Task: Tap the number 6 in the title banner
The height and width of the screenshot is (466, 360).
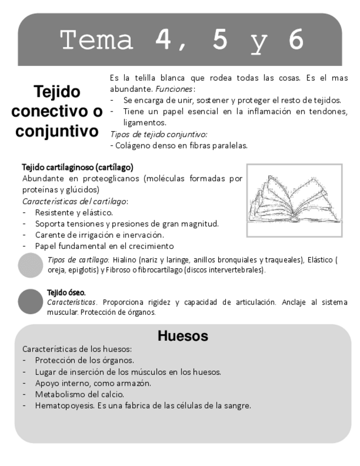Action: tap(295, 40)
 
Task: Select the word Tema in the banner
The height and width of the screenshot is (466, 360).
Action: tap(97, 40)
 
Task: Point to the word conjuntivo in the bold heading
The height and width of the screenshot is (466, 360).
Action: tap(57, 131)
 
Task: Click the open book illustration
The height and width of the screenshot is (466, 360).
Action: tap(294, 200)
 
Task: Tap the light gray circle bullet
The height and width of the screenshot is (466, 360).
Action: tap(31, 265)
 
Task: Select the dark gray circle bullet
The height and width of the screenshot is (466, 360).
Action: tap(31, 302)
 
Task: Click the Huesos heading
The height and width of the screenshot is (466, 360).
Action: tap(182, 336)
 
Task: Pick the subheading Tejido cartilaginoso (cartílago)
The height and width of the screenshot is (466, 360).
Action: tap(77, 167)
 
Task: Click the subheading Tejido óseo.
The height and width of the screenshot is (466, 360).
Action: tap(67, 292)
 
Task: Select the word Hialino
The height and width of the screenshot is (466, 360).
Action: tap(123, 260)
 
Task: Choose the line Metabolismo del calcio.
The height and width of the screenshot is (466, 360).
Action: tap(80, 395)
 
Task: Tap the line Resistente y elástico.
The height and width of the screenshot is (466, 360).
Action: tap(74, 212)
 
